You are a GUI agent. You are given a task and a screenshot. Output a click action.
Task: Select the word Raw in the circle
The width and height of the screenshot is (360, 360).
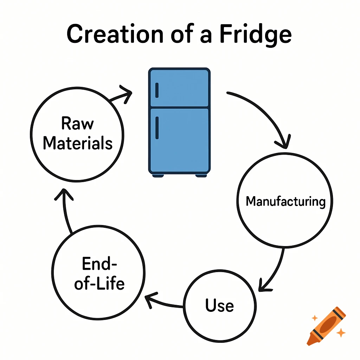coord(77,124)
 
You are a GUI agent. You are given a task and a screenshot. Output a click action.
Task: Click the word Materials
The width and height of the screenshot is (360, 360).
coord(78,143)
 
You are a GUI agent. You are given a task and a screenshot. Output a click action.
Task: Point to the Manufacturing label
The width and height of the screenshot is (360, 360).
coord(285,201)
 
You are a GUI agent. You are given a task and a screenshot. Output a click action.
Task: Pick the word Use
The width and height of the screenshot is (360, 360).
coord(220,305)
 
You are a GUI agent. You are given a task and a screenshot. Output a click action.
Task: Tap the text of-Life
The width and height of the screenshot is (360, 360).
coord(99,283)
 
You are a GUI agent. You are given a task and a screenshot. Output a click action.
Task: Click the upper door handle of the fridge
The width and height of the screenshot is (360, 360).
coord(157,90)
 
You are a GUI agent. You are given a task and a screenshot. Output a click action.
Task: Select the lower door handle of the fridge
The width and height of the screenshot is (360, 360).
coord(157,128)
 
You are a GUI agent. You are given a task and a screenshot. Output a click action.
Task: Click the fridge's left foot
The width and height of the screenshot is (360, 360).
coord(158,175)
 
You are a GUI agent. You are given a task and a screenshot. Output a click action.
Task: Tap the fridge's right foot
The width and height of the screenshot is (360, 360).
coord(201,175)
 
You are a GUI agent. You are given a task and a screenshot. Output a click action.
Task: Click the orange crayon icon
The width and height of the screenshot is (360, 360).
coord(326,325)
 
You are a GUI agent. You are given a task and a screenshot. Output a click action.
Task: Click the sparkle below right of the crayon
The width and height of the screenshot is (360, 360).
coord(340,332)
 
